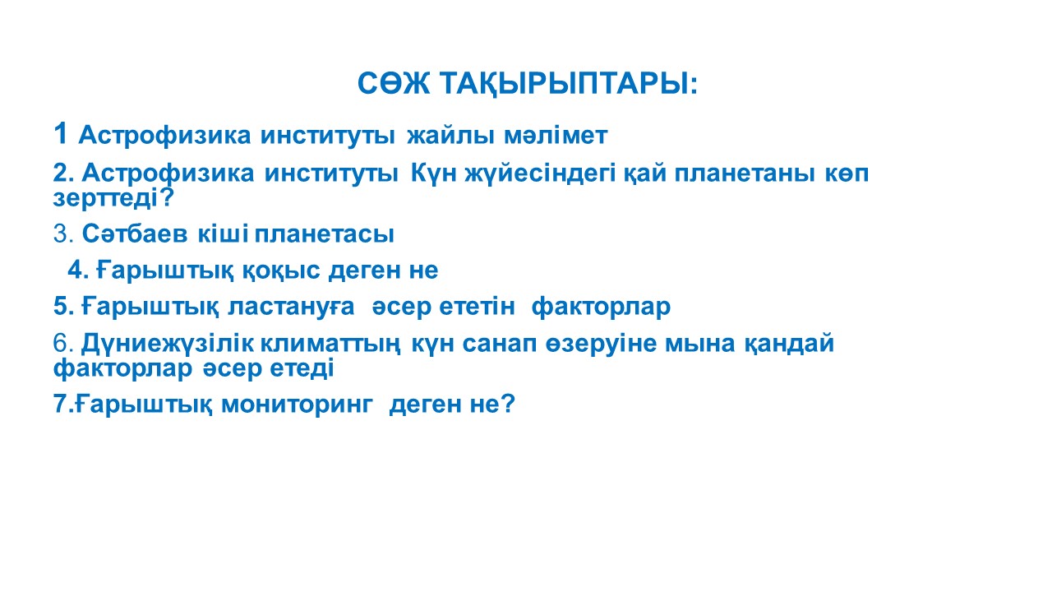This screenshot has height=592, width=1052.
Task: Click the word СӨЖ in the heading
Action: click(x=394, y=84)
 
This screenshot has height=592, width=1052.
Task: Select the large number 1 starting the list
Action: click(x=60, y=133)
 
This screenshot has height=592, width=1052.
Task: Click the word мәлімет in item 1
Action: click(x=556, y=136)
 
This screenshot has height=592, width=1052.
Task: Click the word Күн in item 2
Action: click(x=433, y=173)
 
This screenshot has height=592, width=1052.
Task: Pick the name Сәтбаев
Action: click(x=135, y=234)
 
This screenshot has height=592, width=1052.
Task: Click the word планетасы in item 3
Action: click(x=324, y=234)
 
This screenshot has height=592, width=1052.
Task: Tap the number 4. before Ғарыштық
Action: click(x=78, y=271)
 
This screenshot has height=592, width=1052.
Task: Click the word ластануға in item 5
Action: click(x=291, y=307)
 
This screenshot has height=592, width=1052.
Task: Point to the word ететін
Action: click(x=478, y=307)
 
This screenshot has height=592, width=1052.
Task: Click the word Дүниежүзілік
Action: click(x=167, y=344)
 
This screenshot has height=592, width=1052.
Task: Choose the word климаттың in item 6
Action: click(x=330, y=344)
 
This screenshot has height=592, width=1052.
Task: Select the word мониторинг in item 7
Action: click(x=297, y=405)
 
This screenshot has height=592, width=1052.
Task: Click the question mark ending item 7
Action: click(x=507, y=404)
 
